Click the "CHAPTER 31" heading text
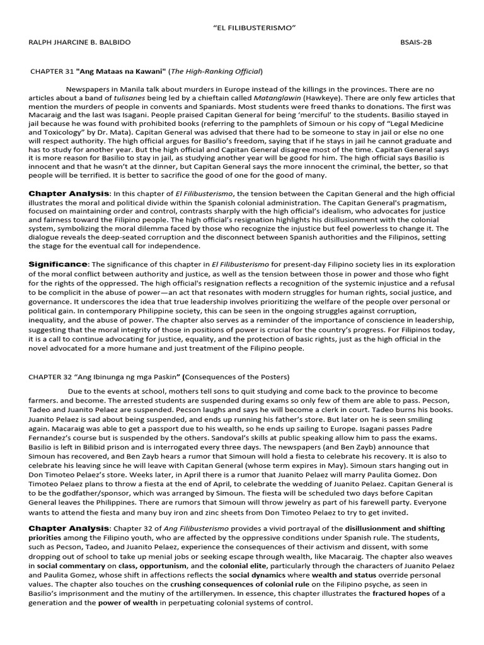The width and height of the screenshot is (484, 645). pos(53,71)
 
